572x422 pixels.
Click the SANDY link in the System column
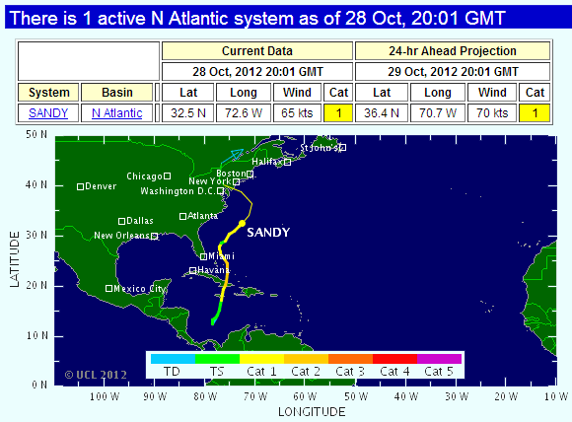[48, 113]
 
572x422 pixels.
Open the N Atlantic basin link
[117, 113]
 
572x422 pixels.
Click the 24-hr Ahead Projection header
[451, 51]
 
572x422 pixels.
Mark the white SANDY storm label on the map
[267, 233]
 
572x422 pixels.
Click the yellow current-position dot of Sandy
[242, 224]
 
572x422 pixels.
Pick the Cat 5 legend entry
[439, 372]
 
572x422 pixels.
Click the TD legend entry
[172, 372]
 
